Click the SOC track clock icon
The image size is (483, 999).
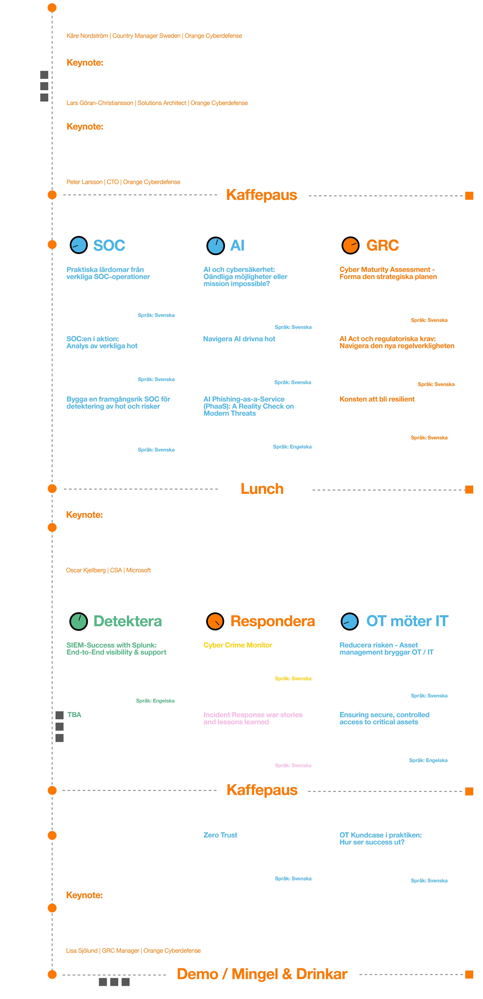(79, 245)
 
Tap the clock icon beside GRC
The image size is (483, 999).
(350, 245)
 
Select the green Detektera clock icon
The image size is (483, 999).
(79, 621)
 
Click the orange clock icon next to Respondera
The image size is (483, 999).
(215, 621)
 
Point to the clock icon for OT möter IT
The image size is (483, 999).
(350, 621)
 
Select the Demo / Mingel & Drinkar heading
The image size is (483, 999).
(262, 974)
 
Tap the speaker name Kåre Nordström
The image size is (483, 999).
(87, 36)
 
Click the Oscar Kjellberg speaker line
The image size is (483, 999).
(108, 570)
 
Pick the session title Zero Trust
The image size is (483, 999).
(220, 835)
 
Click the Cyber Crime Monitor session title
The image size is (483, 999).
(238, 645)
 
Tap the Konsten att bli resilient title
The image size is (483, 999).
(377, 399)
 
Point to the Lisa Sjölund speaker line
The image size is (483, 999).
(133, 950)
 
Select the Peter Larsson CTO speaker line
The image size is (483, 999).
(123, 182)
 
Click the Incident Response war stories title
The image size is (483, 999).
(253, 718)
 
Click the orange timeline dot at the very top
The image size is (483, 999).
(52, 8)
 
